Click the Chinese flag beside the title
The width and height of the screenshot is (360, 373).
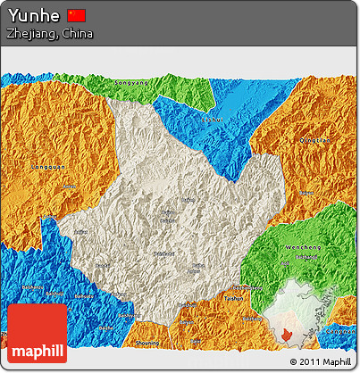tap(77, 15)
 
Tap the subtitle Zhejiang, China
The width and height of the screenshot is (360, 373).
tap(48, 34)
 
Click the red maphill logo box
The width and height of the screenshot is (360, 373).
tap(36, 332)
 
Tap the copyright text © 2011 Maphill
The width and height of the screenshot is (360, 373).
tap(319, 361)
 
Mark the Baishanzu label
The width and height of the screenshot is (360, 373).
tap(32, 286)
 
